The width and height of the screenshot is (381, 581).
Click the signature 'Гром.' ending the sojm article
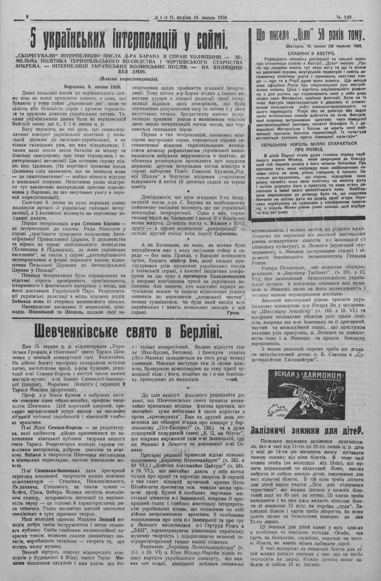click(x=233, y=313)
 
